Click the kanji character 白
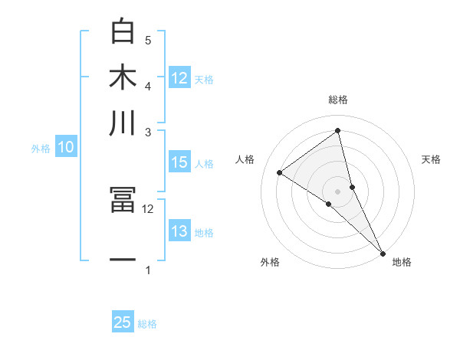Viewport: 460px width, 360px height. (x=123, y=32)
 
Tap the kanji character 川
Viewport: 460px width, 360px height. (x=123, y=123)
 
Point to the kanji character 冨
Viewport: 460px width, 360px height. (x=123, y=200)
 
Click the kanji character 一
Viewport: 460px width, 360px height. (x=123, y=260)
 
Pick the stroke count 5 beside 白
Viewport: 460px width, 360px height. (x=148, y=40)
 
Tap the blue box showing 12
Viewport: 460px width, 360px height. (x=179, y=78)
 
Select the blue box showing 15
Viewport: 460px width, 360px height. (x=179, y=162)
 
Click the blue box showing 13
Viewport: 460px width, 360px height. (x=179, y=231)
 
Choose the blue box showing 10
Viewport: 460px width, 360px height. (x=66, y=148)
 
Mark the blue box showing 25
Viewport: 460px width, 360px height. (x=123, y=322)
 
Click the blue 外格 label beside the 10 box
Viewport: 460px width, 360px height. (x=41, y=149)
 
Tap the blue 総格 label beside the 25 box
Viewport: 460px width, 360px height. (x=147, y=324)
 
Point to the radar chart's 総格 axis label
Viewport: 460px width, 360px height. (x=338, y=100)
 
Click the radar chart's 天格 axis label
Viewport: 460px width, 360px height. (x=432, y=159)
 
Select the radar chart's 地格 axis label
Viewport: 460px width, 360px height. (x=402, y=262)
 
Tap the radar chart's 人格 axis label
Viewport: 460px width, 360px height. (x=245, y=159)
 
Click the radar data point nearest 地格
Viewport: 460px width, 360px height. (x=382, y=252)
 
